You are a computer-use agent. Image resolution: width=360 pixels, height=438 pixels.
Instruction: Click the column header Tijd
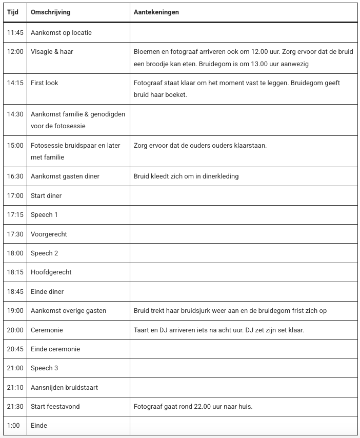(12, 12)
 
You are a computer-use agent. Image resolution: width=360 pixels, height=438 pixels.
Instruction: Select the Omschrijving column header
(51, 12)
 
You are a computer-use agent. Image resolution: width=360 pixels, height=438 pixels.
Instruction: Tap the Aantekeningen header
(156, 12)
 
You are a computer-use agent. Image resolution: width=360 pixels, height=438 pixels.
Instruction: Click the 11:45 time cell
(15, 33)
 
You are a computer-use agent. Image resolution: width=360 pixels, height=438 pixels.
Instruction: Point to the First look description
(45, 83)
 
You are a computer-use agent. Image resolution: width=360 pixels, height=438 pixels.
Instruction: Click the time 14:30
(15, 114)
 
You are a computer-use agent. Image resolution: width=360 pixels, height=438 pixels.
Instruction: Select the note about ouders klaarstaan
(200, 146)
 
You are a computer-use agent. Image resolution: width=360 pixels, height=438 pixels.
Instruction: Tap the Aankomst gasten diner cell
(65, 176)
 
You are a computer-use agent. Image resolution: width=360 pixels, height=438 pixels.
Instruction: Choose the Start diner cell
(46, 195)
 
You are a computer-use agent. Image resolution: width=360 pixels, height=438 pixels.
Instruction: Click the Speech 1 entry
(44, 215)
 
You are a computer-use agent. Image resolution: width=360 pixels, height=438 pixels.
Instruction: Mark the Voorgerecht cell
(49, 234)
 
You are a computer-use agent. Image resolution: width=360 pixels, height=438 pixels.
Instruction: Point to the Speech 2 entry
(45, 253)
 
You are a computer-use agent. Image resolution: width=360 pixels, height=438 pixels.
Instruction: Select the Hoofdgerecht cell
(51, 272)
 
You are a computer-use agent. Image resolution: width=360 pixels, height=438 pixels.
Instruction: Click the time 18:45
(15, 291)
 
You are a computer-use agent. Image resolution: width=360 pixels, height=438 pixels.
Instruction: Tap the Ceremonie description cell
(47, 330)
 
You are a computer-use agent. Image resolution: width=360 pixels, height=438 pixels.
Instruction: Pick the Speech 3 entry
(45, 368)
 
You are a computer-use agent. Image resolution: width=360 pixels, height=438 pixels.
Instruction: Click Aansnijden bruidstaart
(64, 387)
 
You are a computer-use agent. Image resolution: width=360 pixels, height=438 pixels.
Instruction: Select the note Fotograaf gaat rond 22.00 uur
(193, 407)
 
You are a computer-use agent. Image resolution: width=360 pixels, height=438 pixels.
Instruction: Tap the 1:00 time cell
(13, 426)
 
